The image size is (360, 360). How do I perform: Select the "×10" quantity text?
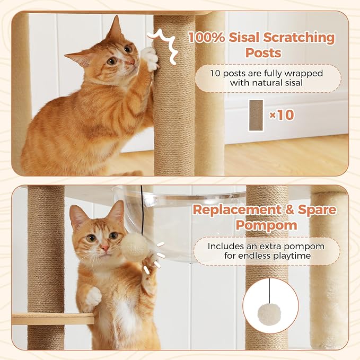[281, 115]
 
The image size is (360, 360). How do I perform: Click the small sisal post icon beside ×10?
[256, 115]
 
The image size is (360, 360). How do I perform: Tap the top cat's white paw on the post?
[150, 58]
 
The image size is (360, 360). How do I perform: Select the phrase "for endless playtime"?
[266, 257]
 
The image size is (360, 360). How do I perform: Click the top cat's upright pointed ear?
[115, 29]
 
